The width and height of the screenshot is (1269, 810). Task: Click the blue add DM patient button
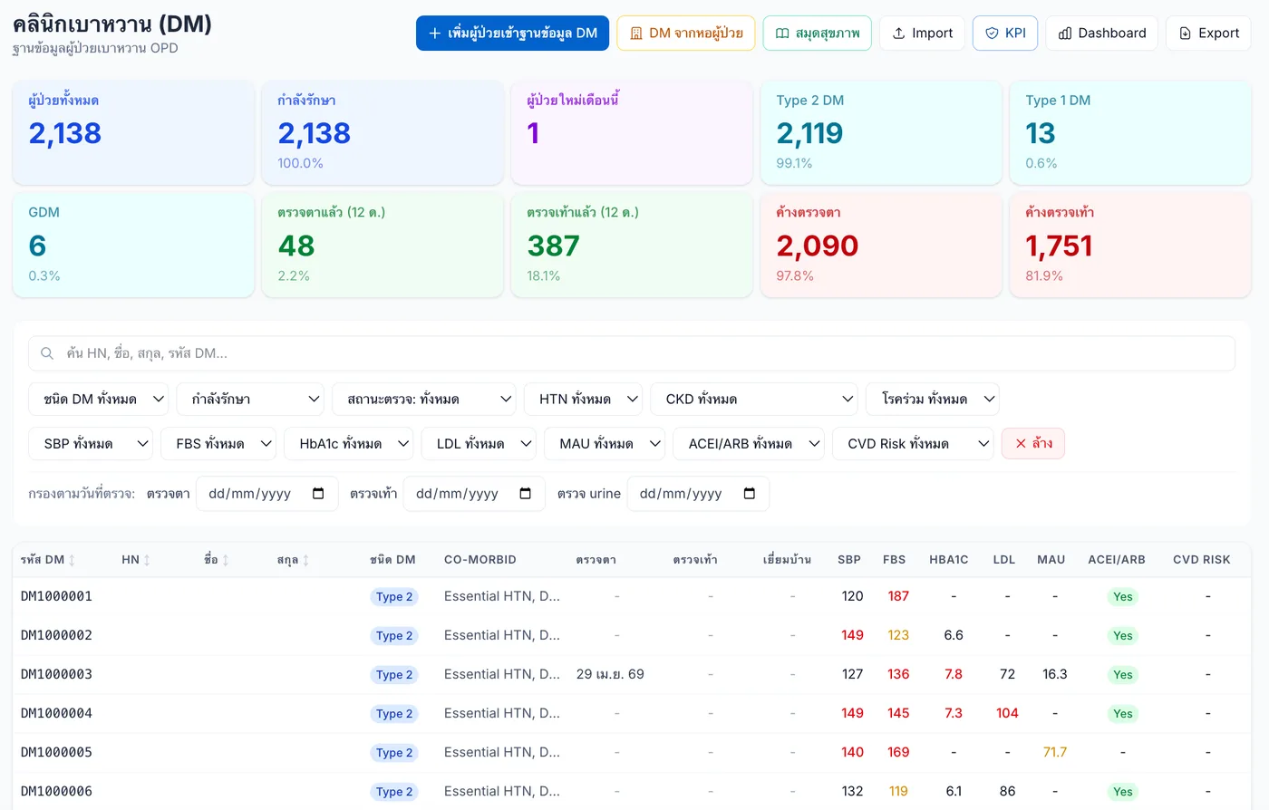tap(512, 33)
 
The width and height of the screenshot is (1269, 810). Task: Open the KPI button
tap(1004, 33)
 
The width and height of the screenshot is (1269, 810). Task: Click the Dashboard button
tap(1101, 33)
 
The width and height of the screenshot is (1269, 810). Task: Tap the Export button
tap(1208, 33)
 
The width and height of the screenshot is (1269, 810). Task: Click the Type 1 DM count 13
tap(1041, 133)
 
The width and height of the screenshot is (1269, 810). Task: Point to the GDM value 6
tap(37, 246)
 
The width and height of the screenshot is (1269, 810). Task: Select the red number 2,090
tap(817, 246)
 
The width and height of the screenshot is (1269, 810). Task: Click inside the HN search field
tap(631, 352)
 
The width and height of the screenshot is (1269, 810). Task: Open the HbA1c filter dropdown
tap(348, 444)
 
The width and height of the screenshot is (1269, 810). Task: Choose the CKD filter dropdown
tap(753, 400)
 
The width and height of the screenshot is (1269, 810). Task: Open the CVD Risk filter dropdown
tap(913, 444)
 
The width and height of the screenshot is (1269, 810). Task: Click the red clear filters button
tap(1032, 444)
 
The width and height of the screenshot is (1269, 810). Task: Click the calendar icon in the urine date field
tap(749, 494)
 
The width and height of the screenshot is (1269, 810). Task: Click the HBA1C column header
tap(948, 560)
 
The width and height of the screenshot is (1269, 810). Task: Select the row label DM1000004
tap(56, 713)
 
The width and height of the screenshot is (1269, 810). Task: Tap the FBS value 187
tap(898, 596)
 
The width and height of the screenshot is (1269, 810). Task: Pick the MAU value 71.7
tap(1054, 752)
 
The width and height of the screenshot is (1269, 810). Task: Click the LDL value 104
tap(1007, 713)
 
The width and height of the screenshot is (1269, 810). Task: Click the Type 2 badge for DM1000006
tap(394, 791)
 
